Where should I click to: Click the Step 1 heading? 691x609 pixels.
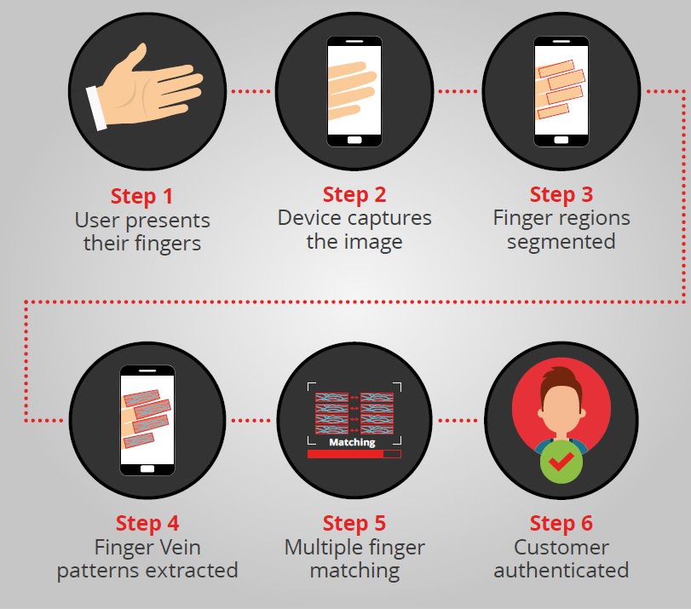[141, 196]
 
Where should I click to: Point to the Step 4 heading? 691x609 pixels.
[147, 522]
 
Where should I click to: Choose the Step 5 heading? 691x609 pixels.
[354, 522]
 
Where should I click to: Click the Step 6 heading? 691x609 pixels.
[561, 522]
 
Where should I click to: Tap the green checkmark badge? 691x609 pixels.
[561, 462]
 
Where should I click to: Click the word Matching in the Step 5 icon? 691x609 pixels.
[352, 443]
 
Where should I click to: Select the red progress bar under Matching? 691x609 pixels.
[345, 455]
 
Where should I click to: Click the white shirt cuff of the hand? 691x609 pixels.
[96, 109]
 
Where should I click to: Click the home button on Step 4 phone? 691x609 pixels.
[147, 467]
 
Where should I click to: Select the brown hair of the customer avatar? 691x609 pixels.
[561, 380]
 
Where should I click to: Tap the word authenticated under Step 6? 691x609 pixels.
[561, 570]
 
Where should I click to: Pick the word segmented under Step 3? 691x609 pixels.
[561, 241]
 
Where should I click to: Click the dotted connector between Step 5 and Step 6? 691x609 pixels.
[458, 420]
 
